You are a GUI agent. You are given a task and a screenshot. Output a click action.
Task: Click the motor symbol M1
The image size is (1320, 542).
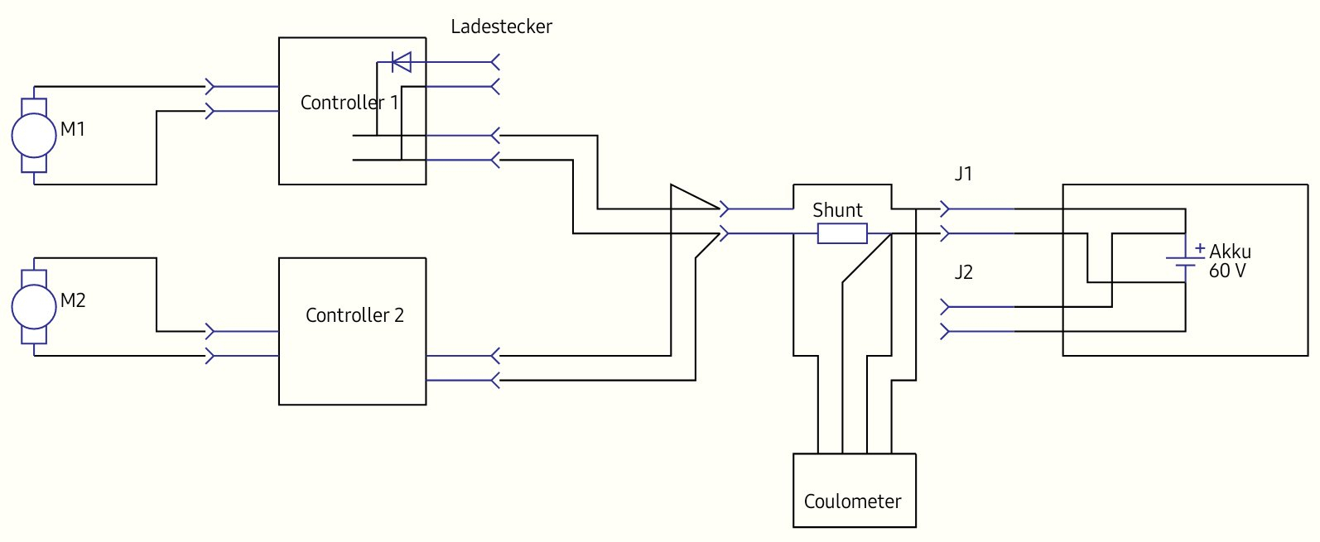(33, 135)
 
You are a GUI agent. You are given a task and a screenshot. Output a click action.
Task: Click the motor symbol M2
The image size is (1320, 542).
(33, 306)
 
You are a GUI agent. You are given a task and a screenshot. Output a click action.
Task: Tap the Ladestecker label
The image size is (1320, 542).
(501, 26)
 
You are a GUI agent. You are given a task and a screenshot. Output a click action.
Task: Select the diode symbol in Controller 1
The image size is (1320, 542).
(402, 62)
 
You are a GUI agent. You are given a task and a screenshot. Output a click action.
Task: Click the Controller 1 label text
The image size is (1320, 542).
(349, 103)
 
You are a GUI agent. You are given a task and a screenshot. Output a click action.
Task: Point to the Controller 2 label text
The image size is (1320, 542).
(354, 315)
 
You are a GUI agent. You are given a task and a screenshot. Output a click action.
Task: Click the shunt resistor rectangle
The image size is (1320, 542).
(842, 234)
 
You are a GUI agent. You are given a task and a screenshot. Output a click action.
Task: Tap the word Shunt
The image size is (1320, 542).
(837, 210)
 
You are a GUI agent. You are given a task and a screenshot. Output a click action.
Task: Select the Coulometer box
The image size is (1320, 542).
(854, 490)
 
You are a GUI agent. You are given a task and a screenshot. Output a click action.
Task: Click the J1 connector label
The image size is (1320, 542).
(963, 175)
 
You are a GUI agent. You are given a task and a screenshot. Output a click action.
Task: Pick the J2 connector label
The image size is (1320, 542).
(963, 272)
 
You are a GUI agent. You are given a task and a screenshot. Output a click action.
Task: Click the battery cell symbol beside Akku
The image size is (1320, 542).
(1185, 261)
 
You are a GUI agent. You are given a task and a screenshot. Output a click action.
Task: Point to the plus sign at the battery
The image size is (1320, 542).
(1200, 247)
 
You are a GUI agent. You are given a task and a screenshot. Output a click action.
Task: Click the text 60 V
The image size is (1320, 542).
(1226, 271)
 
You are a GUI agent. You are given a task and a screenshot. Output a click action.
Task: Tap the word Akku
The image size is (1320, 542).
(1230, 252)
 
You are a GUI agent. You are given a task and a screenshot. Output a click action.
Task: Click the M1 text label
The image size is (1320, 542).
(73, 129)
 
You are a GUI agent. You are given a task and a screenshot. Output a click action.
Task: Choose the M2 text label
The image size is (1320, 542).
(73, 300)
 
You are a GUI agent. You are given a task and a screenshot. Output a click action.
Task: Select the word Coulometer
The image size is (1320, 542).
(852, 501)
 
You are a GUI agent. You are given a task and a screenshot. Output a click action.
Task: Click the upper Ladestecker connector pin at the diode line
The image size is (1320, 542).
(495, 62)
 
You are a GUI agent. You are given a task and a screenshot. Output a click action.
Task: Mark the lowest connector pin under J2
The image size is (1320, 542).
(946, 332)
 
